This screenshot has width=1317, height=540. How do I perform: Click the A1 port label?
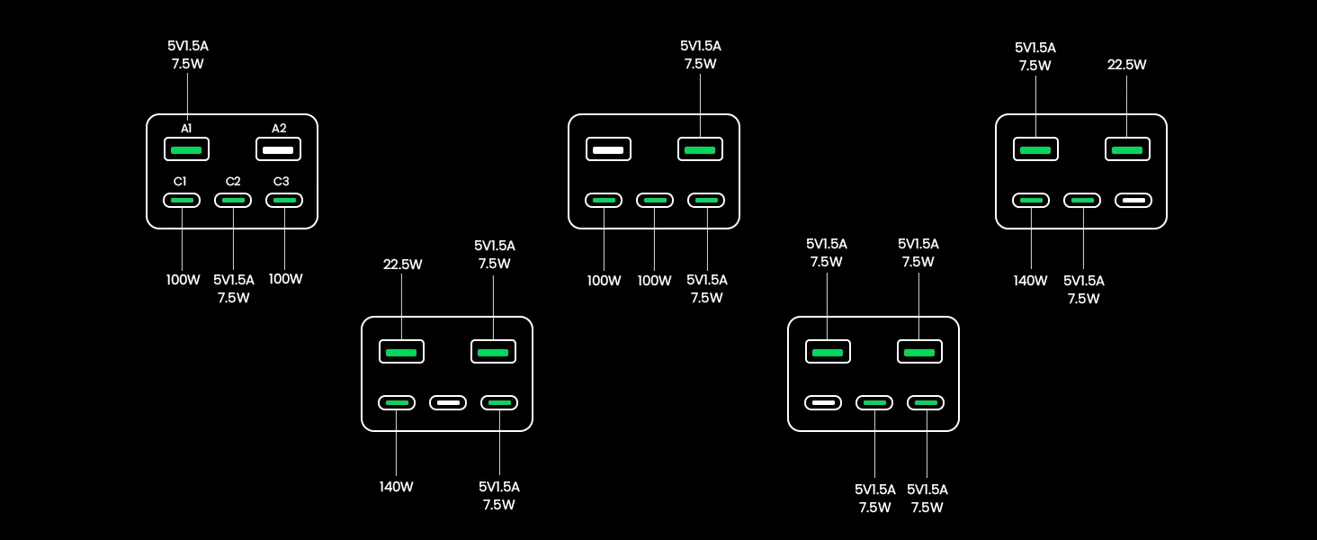coord(186,128)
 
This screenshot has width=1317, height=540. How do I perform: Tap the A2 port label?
coord(279,128)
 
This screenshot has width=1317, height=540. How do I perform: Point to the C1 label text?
coord(180,181)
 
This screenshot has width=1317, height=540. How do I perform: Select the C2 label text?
coord(233,181)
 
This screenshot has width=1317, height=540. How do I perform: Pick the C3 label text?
coord(281,181)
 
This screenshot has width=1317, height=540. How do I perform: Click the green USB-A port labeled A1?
coord(186,149)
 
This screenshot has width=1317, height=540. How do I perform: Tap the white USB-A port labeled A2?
coord(278,149)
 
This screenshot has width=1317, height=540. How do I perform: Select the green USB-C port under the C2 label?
coord(233,201)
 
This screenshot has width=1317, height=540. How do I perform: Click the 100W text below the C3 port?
coord(286,279)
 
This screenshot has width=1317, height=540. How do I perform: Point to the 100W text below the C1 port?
coord(183,280)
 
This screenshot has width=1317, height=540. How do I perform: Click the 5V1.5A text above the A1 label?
coord(187,46)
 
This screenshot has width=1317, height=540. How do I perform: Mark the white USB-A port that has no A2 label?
coord(608,149)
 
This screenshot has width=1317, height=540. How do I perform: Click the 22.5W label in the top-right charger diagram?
coord(1126,65)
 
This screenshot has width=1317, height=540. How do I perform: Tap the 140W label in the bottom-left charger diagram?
coord(396,487)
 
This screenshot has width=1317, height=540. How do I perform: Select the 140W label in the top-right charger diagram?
coord(1030,281)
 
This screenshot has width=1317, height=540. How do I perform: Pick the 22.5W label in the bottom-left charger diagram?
coord(402,265)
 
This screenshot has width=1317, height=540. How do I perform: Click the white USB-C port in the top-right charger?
coord(1133,201)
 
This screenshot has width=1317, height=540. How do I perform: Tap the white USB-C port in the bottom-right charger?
coord(823,403)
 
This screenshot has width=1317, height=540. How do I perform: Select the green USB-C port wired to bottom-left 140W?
coord(397,403)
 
